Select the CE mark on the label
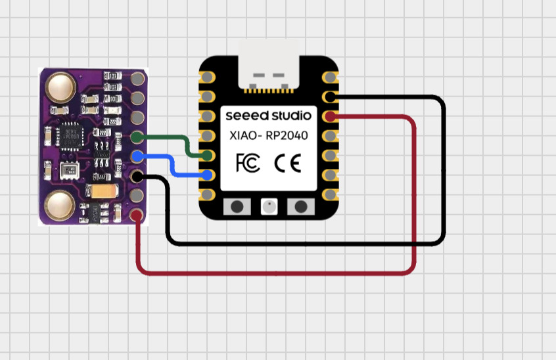pos(287,162)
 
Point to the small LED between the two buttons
pos(269,207)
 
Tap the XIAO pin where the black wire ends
pos(330,97)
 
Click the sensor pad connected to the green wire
pos(137,137)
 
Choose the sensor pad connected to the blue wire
pos(137,156)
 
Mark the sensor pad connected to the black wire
pos(137,176)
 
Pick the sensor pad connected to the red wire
pos(137,215)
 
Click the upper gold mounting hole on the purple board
pos(60,87)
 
